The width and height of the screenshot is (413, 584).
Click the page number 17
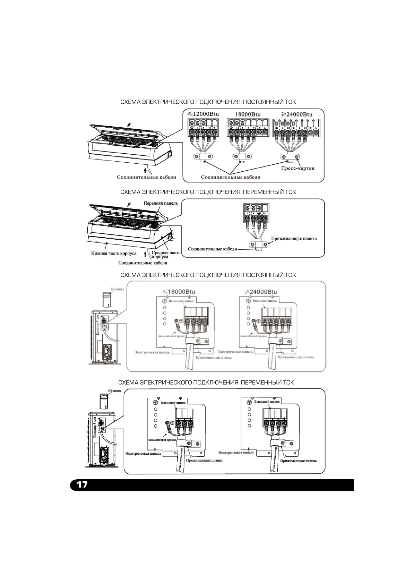82,484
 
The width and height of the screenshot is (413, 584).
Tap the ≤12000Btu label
203,114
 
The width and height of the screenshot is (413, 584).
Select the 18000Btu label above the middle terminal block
248,114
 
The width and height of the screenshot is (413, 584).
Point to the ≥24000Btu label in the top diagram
296,114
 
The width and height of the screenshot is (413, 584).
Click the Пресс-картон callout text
298,169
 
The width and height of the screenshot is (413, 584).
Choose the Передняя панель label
161,203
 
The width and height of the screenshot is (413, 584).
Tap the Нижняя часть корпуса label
114,254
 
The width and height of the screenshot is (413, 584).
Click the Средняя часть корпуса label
166,255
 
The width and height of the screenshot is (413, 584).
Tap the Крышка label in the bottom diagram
115,390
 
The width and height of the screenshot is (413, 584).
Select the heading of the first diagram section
208,102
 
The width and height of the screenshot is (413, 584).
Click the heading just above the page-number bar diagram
206,383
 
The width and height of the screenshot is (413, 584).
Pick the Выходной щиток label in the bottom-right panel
267,402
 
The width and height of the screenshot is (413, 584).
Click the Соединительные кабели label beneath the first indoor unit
146,177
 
